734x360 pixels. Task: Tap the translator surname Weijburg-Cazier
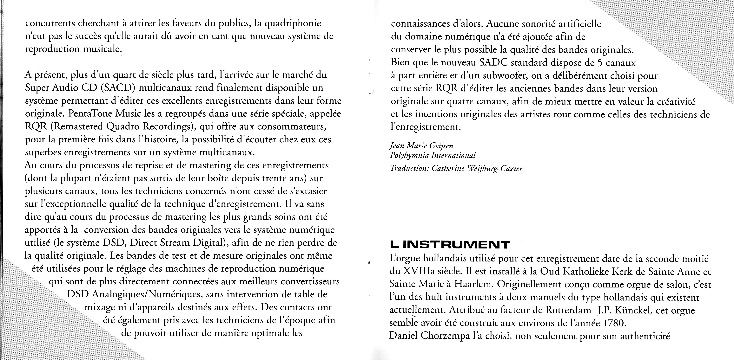(x=495, y=169)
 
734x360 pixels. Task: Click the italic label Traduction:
(x=409, y=169)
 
